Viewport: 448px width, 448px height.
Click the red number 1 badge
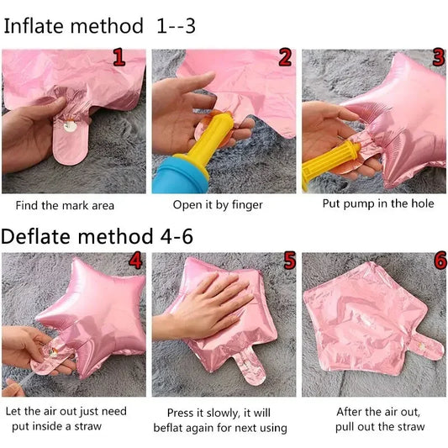click(119, 57)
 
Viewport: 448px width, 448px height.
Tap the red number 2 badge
click(285, 57)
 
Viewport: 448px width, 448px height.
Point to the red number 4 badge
click(135, 260)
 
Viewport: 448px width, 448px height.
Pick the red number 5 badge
click(289, 260)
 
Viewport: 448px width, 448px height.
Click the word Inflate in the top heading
click(34, 26)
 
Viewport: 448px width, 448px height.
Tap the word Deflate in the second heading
click(35, 236)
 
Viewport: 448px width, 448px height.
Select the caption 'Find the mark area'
click(65, 205)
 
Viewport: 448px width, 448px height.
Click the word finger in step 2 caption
click(247, 205)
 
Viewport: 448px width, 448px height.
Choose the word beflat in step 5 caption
click(168, 428)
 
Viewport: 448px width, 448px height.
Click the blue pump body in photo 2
click(178, 176)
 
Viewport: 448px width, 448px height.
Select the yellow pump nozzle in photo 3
click(330, 163)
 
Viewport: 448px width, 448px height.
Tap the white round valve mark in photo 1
click(70, 126)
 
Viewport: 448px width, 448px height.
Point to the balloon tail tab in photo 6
click(424, 346)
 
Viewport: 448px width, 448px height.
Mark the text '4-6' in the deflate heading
click(177, 236)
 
